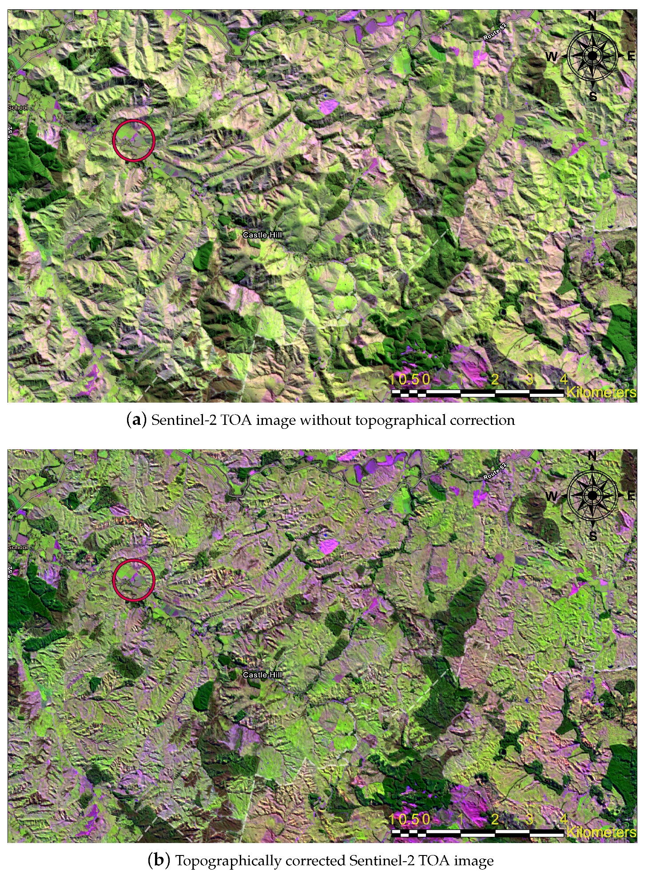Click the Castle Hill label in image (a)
coord(262,235)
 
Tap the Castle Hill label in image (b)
coord(262,675)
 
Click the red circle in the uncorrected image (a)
coord(133,140)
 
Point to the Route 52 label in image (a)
coord(494,32)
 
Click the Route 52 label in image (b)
coord(494,471)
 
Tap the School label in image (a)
coord(18,107)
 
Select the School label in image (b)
coord(18,547)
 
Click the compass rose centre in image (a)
coord(592,56)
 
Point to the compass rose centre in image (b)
coord(592,495)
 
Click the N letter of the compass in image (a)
coord(592,16)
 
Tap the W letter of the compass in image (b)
coord(551,496)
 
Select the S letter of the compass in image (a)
coord(593,96)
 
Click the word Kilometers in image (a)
coord(601,392)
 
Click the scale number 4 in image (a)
coord(563,380)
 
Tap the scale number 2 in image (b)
coord(495,819)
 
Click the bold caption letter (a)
coord(136,420)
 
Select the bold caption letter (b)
coord(159,860)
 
